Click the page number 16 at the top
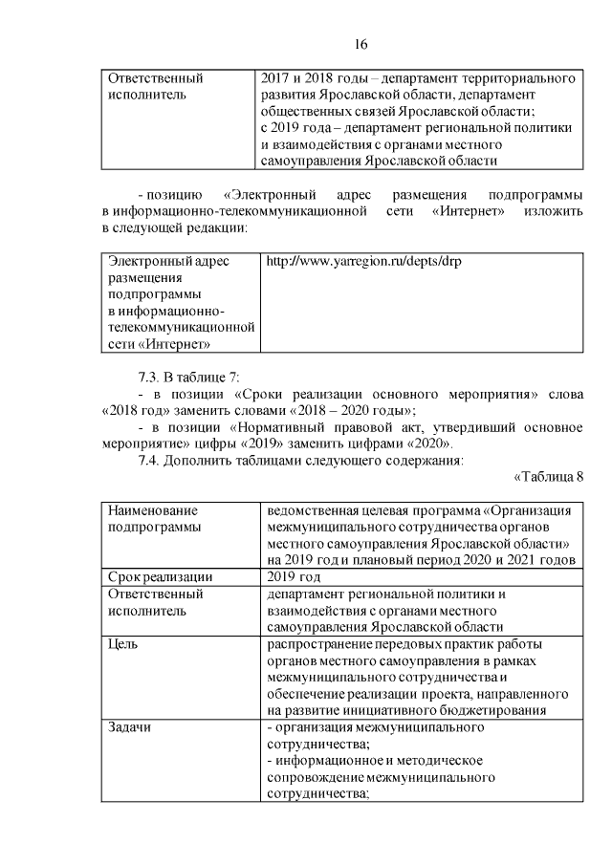click(361, 44)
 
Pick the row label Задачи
click(129, 726)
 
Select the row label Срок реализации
click(160, 577)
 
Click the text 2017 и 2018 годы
click(310, 76)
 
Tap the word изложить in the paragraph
click(552, 211)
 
